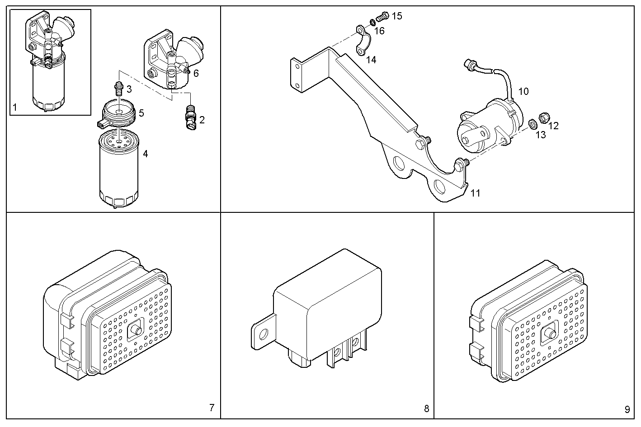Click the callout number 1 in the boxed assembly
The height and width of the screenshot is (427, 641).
click(14, 108)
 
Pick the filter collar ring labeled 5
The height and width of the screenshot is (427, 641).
click(117, 114)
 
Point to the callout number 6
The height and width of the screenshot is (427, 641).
click(196, 73)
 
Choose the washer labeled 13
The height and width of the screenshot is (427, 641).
click(533, 123)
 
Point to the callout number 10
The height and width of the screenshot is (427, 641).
click(523, 91)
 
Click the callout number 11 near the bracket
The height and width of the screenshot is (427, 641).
click(475, 193)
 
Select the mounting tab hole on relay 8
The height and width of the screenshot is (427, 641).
click(263, 334)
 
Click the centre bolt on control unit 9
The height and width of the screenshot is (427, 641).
click(551, 335)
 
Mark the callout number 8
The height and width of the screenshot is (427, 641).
click(426, 409)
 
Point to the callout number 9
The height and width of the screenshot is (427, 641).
click(627, 410)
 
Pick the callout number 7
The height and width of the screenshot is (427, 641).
click(212, 408)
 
